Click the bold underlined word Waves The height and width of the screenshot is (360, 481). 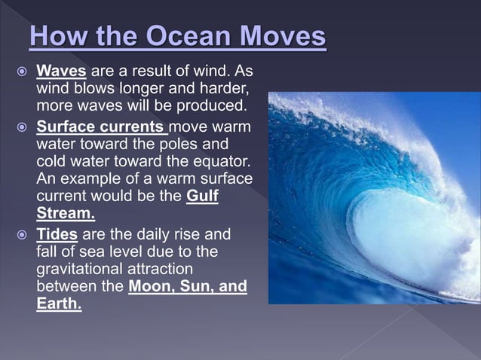click(62, 72)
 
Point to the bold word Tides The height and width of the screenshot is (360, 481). click(57, 234)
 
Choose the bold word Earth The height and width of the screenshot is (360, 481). click(59, 305)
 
